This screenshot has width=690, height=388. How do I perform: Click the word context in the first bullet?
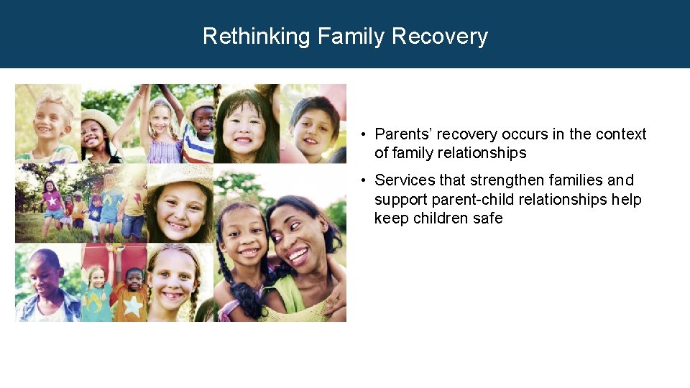click(620, 134)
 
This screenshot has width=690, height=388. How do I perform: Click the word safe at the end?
click(488, 218)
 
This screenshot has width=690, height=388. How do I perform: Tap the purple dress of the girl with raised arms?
click(165, 151)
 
